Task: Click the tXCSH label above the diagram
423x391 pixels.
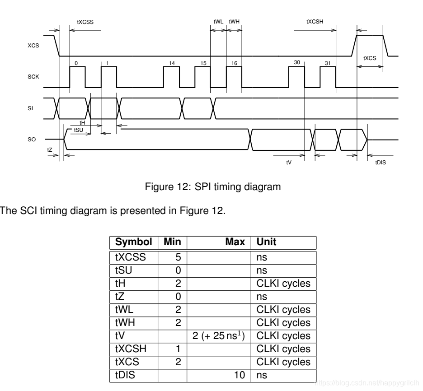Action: [x=315, y=21]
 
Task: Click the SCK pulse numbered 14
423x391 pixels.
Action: [x=172, y=77]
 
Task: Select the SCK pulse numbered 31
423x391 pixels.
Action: [x=328, y=77]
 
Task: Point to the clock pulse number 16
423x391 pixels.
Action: [x=234, y=77]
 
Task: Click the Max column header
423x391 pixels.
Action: [x=235, y=242]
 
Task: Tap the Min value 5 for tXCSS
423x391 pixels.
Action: [x=178, y=257]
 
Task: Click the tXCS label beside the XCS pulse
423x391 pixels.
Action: [x=370, y=58]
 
